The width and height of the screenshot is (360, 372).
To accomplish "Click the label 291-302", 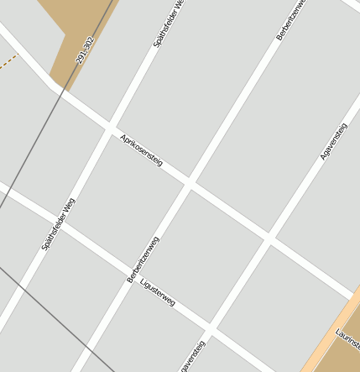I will point(85,50).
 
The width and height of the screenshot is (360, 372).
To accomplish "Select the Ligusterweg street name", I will point(158,291).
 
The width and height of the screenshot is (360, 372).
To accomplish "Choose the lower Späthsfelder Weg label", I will point(59,223).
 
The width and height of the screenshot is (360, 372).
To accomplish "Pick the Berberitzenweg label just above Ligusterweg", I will point(143,259).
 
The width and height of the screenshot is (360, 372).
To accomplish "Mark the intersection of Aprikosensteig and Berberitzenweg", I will point(190,182).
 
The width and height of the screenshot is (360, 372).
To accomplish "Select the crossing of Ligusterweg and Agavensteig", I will point(208,327).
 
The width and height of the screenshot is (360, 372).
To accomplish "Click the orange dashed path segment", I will point(8,61).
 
